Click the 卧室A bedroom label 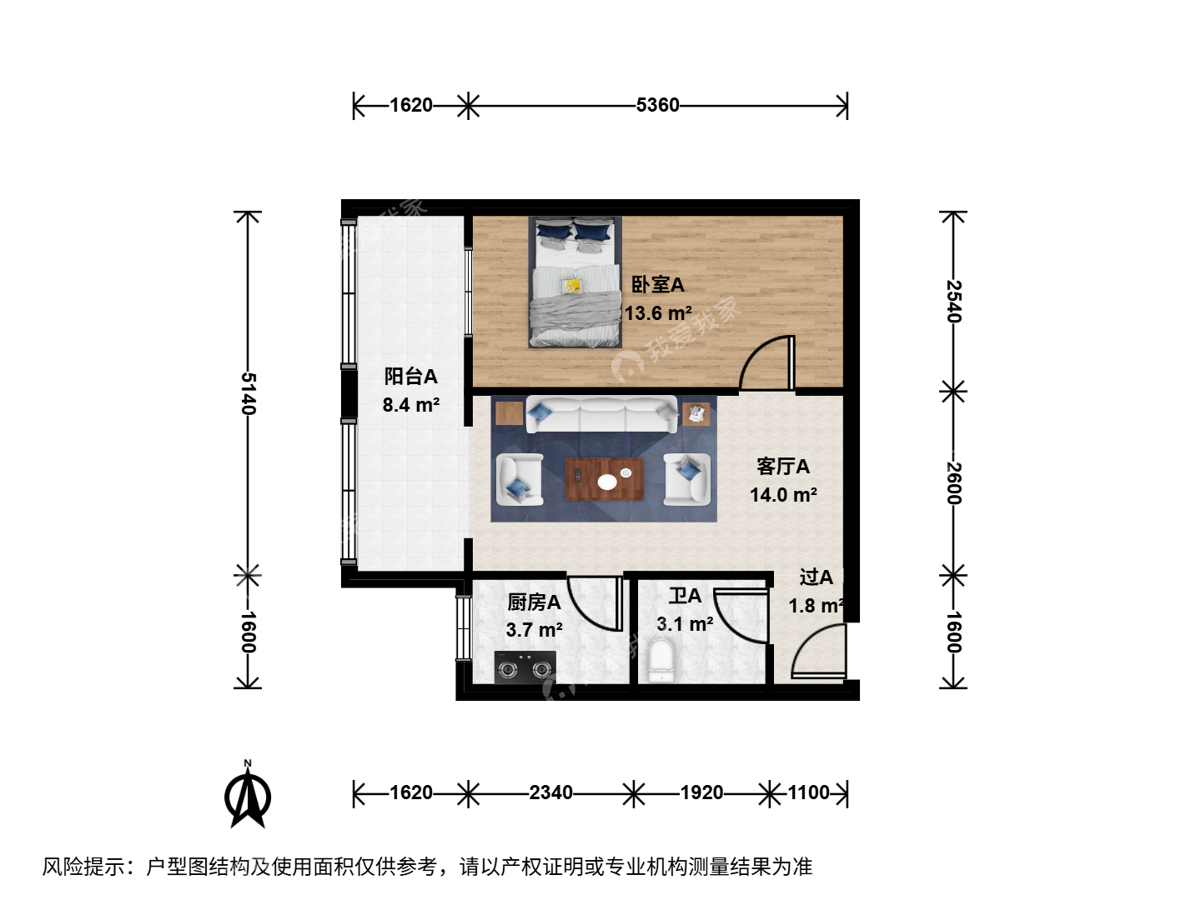point(657,285)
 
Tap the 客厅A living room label point(783,466)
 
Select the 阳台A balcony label point(410,376)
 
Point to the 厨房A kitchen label point(534,602)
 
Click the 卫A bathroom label point(685,596)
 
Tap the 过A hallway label point(816,577)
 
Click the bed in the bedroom point(575,282)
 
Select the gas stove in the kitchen point(525,667)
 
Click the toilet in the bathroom point(661,661)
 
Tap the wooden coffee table point(604,479)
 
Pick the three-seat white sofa point(601,415)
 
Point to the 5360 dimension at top point(657,105)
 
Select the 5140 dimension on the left point(249,393)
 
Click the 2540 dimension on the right point(953,301)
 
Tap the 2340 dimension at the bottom point(550,792)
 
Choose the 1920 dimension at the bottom point(701,792)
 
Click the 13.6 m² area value point(658,313)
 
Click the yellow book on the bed point(573,286)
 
